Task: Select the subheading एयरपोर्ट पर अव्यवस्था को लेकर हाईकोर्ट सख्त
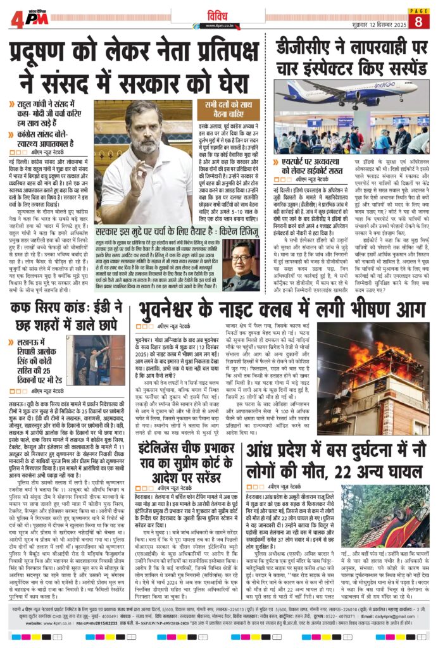click(320, 166)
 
